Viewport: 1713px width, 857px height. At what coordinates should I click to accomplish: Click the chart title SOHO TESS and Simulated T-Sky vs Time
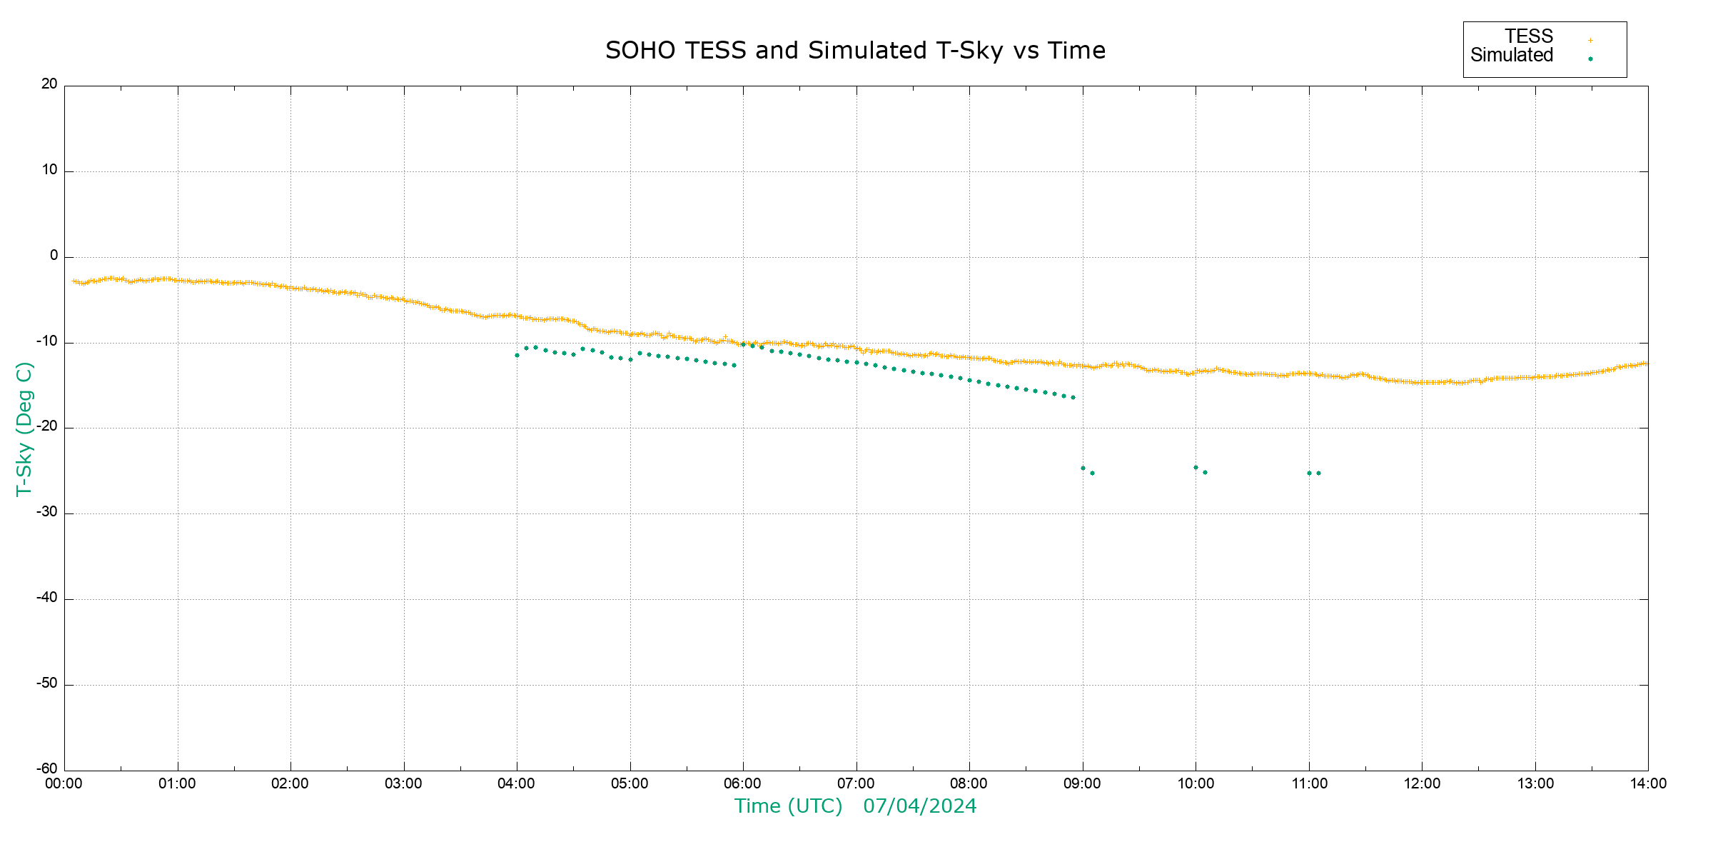click(x=855, y=51)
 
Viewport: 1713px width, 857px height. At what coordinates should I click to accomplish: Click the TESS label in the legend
click(x=1529, y=36)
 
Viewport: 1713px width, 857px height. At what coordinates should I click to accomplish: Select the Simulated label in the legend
click(x=1512, y=56)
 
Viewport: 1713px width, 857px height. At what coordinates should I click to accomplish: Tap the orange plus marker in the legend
click(x=1590, y=41)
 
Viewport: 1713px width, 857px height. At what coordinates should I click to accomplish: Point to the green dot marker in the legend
click(x=1590, y=59)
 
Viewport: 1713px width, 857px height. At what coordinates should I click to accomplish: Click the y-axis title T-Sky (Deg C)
click(x=24, y=428)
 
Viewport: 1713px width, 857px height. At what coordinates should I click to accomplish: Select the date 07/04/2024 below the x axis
click(x=919, y=806)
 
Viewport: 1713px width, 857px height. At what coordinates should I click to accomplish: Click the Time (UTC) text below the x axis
click(x=788, y=806)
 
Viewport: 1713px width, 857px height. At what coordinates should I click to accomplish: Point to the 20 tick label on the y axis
click(x=49, y=84)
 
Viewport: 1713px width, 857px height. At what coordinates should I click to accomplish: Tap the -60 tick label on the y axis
click(x=48, y=769)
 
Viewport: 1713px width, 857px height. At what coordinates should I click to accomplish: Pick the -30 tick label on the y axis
click(x=48, y=512)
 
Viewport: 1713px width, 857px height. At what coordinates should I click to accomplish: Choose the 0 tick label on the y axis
click(x=54, y=256)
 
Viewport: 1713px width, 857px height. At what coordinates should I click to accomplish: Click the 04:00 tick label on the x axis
click(x=516, y=784)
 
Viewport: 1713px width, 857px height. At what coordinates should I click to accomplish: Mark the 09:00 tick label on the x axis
click(x=1082, y=784)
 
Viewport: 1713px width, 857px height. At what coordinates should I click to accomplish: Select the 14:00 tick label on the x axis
click(x=1648, y=784)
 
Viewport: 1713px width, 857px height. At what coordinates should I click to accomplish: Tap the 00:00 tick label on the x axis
click(x=64, y=784)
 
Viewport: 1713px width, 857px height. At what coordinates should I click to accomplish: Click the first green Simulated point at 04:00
click(x=517, y=355)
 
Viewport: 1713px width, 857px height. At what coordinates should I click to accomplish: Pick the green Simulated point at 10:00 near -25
click(x=1196, y=468)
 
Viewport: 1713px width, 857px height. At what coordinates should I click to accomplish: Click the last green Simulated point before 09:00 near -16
click(x=1073, y=397)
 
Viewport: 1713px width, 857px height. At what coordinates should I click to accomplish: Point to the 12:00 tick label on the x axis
click(x=1422, y=784)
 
